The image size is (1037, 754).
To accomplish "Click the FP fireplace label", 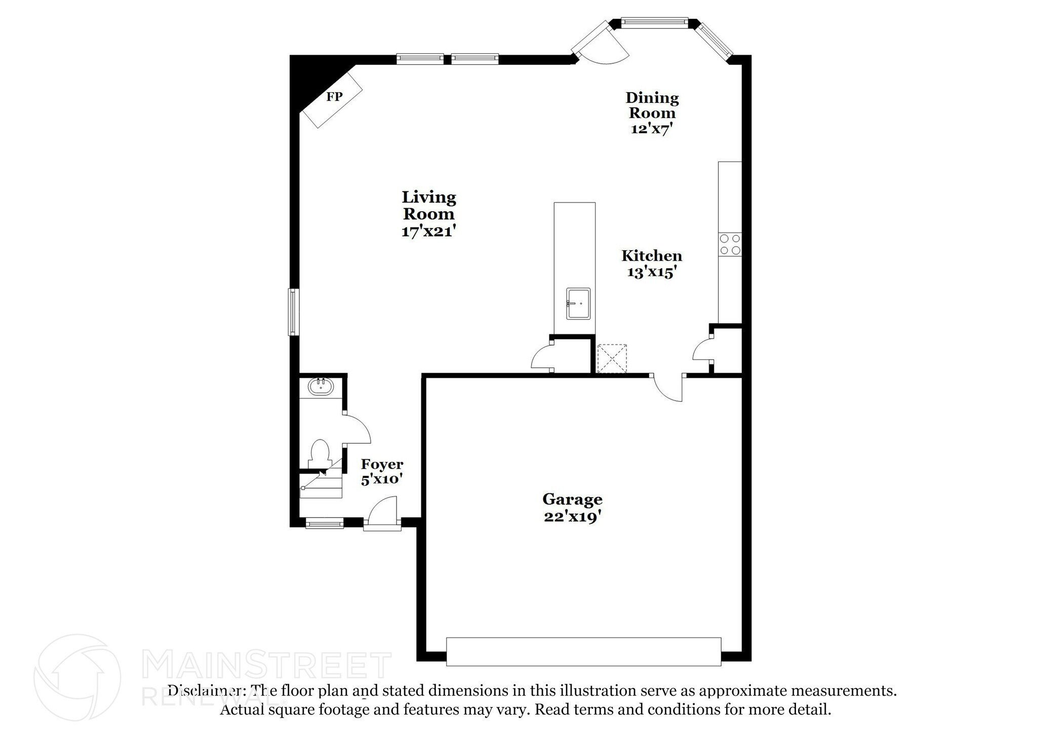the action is (x=334, y=96).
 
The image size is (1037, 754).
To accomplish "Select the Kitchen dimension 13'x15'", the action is (x=652, y=272).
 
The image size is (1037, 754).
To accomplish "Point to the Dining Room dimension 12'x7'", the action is (x=652, y=129).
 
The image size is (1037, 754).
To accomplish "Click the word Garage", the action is (x=572, y=500).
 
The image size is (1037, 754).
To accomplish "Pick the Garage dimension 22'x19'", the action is (x=572, y=517).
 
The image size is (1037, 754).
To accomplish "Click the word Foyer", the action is (x=382, y=464).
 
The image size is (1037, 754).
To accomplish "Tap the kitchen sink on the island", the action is (x=578, y=303).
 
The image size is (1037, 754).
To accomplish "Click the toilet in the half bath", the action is (x=319, y=453).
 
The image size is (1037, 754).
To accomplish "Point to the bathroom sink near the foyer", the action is (x=321, y=386).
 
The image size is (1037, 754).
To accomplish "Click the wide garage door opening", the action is (x=583, y=652).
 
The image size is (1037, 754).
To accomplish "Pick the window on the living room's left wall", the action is (x=293, y=312).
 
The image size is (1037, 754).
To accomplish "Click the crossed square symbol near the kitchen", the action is (x=612, y=359).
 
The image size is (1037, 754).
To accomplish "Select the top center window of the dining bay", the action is (x=654, y=22).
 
